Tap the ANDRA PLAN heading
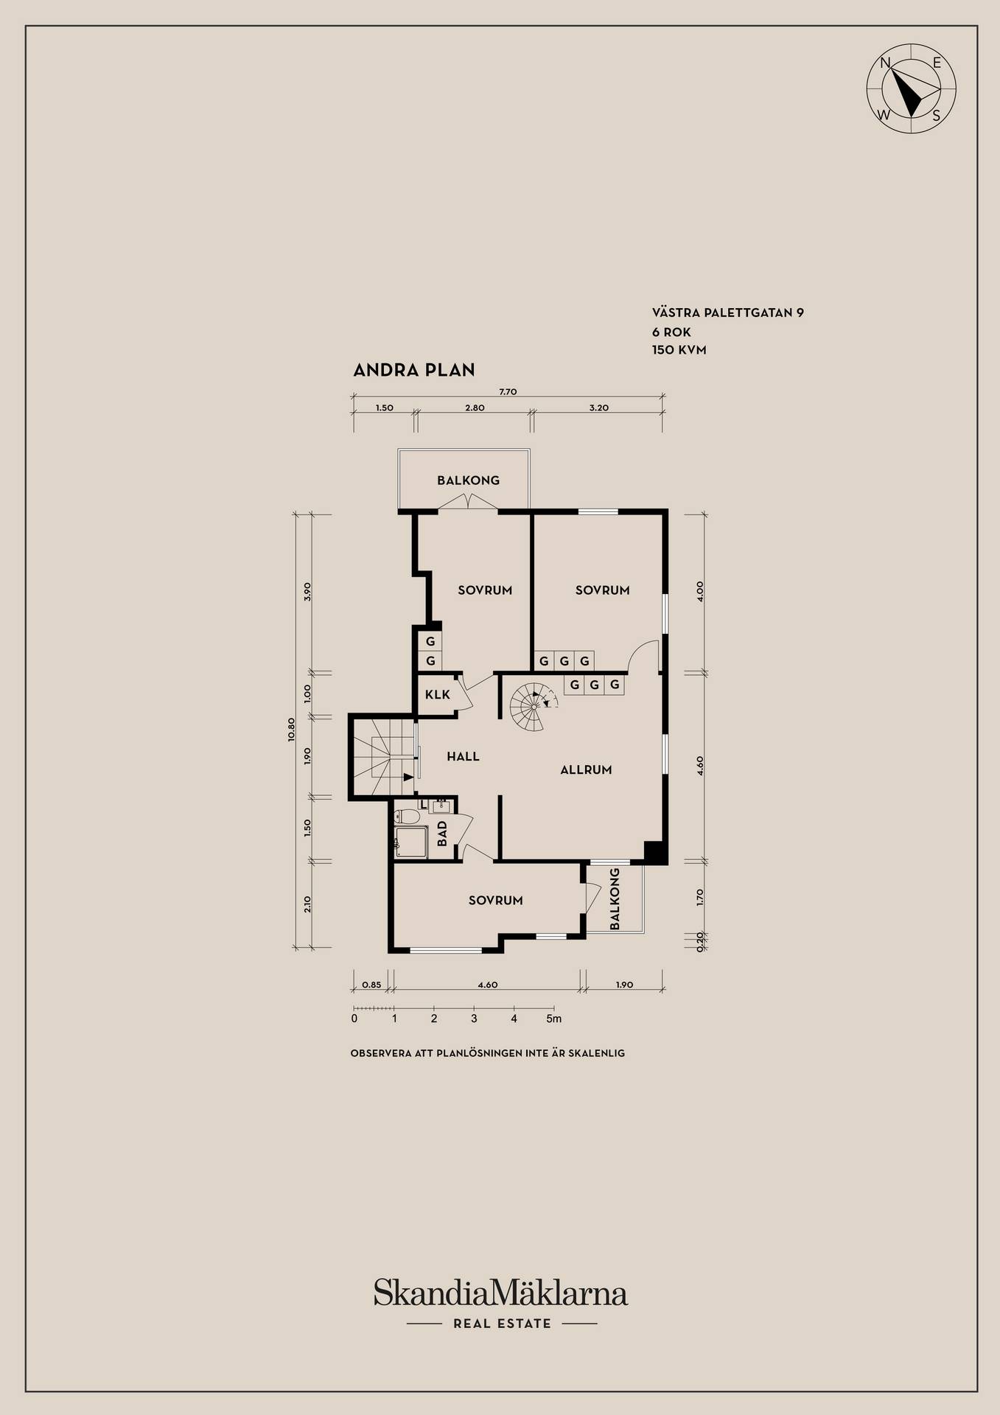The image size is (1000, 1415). click(x=414, y=370)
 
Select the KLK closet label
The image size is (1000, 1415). click(x=438, y=694)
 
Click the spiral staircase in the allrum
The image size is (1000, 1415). click(x=534, y=706)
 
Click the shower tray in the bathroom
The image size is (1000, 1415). click(x=410, y=842)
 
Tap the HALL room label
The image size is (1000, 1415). click(x=463, y=756)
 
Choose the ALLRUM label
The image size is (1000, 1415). click(x=586, y=769)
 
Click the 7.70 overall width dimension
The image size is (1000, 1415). click(x=508, y=391)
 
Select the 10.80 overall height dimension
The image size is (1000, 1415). click(x=292, y=728)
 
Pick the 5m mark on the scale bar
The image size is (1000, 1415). click(x=553, y=1019)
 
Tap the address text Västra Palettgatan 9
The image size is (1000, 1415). click(x=727, y=312)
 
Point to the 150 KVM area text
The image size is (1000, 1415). click(x=679, y=350)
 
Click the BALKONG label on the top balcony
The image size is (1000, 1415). click(x=468, y=481)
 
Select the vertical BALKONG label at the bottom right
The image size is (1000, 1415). click(x=615, y=898)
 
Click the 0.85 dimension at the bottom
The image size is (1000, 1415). click(x=372, y=985)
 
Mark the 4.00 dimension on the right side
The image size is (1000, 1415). click(x=700, y=591)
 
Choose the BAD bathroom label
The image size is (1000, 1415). click(x=442, y=834)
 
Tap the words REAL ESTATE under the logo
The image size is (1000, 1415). click(x=502, y=1324)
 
